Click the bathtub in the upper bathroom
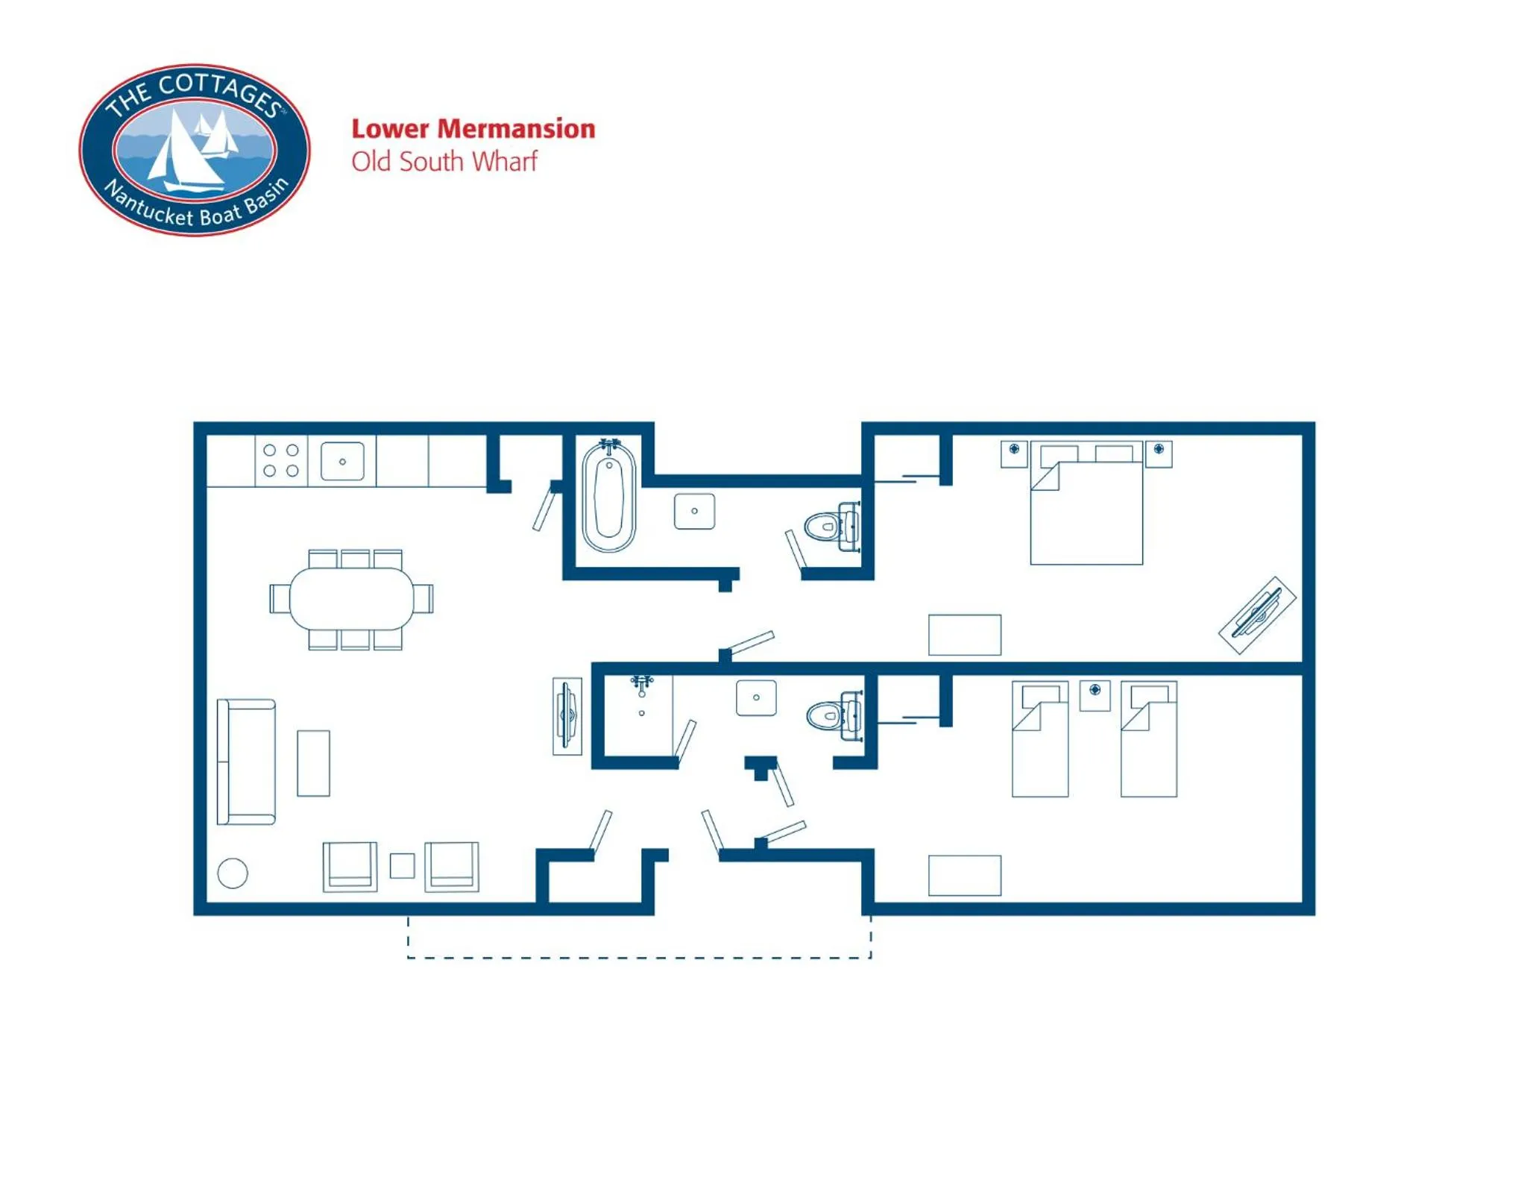coord(608,496)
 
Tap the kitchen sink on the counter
coord(342,461)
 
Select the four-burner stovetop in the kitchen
coord(281,460)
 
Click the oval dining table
coord(351,598)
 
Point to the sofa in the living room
coord(246,762)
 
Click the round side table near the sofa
coord(233,873)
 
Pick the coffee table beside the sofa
coord(313,763)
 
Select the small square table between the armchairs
coord(402,866)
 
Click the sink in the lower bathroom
coord(756,698)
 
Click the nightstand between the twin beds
coord(1095,694)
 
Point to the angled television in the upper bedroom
coord(1257,615)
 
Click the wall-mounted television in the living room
coord(567,715)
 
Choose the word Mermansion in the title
coord(516,129)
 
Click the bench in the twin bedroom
coord(964,875)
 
